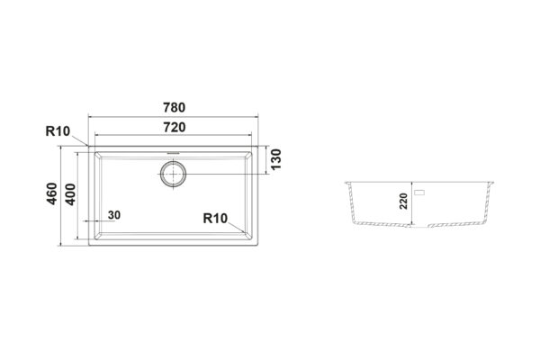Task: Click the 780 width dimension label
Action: [x=175, y=107]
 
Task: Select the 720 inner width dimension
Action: [x=175, y=128]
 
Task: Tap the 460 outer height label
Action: [x=52, y=193]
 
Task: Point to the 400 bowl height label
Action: [x=70, y=194]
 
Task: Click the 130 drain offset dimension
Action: [x=276, y=159]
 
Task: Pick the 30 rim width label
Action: [x=114, y=215]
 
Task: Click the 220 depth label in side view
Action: [x=403, y=202]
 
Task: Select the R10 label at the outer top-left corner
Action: [x=58, y=131]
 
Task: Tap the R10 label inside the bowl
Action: [x=215, y=218]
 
